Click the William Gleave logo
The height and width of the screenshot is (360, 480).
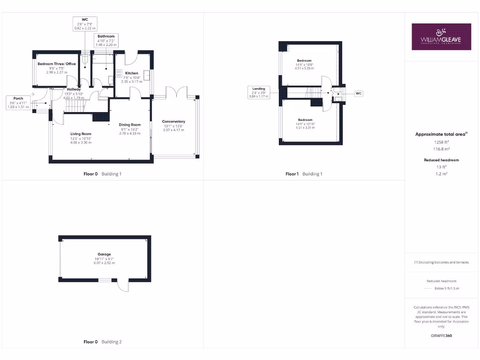pyautogui.click(x=441, y=37)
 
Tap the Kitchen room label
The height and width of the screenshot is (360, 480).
pyautogui.click(x=131, y=73)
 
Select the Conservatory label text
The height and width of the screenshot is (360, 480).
pyautogui.click(x=173, y=121)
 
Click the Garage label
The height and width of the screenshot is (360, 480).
pyautogui.click(x=105, y=255)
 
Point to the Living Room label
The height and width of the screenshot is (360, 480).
pyautogui.click(x=81, y=134)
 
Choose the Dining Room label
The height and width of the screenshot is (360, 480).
pyautogui.click(x=130, y=125)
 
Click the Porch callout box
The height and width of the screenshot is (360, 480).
pyautogui.click(x=18, y=103)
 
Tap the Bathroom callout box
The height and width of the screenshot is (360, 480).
pyautogui.click(x=105, y=40)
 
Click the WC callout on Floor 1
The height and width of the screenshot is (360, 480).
pyautogui.click(x=359, y=93)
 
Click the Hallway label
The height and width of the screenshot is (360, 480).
pyautogui.click(x=74, y=89)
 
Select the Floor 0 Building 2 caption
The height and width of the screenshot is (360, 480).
pyautogui.click(x=102, y=342)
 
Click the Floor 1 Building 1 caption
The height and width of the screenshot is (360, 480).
pyautogui.click(x=304, y=174)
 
